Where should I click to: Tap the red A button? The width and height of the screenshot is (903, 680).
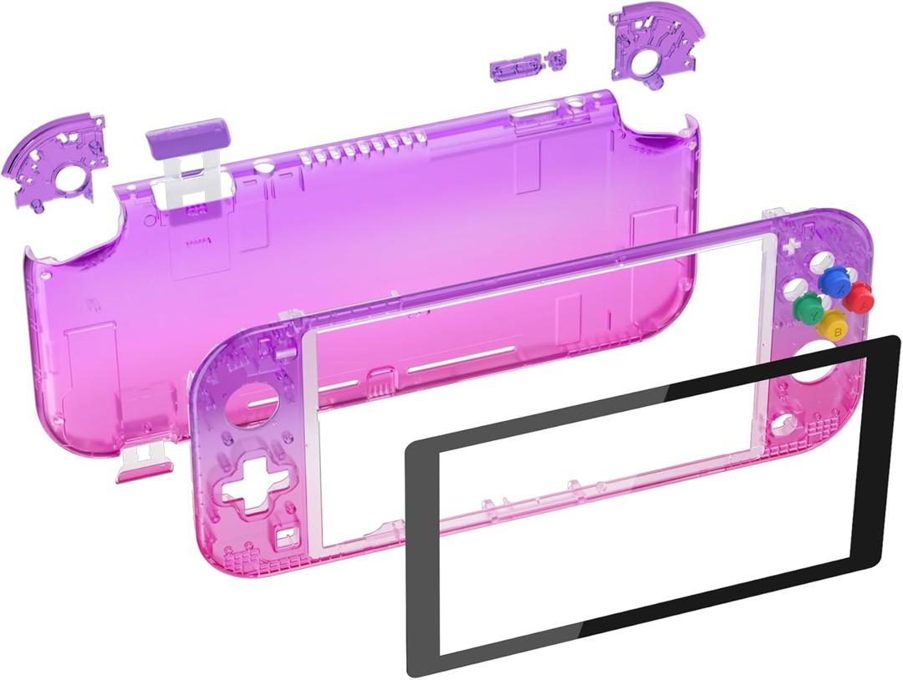pyautogui.click(x=859, y=295)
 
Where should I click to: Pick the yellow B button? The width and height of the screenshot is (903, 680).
pyautogui.click(x=833, y=324)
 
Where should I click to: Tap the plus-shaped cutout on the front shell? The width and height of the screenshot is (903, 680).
pyautogui.click(x=790, y=246)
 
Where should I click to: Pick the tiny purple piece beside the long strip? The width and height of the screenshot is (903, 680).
pyautogui.click(x=555, y=59)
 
